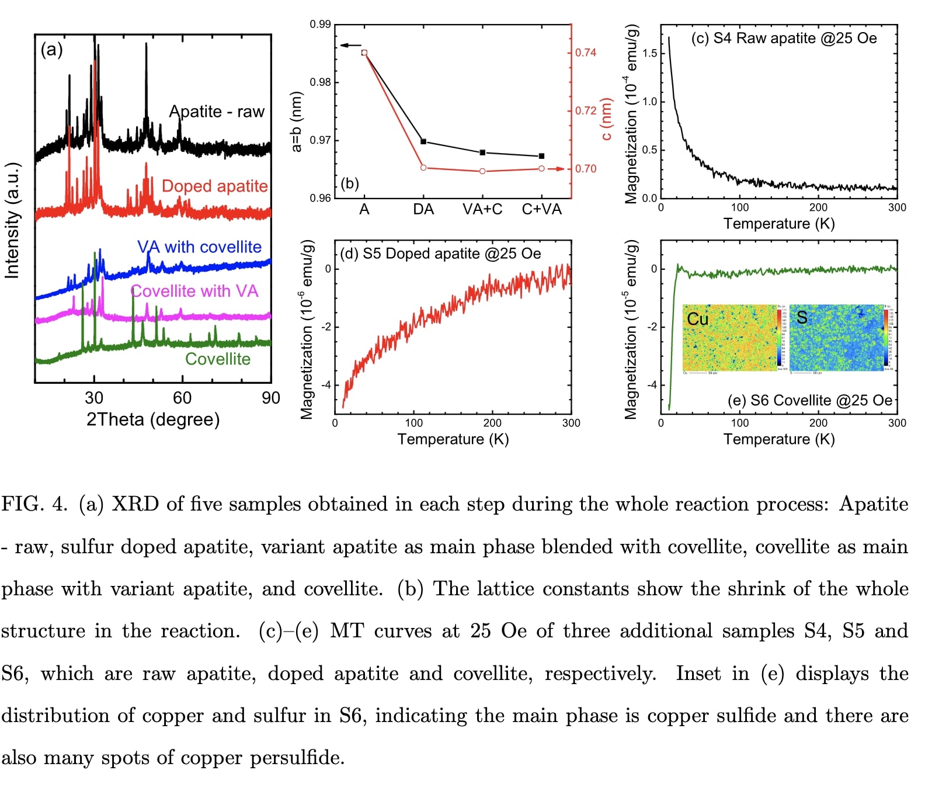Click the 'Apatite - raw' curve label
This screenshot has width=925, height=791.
point(217,112)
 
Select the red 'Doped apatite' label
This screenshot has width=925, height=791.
point(214,186)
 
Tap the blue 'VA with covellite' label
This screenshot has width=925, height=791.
point(199,247)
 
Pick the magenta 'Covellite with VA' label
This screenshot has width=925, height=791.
point(194,291)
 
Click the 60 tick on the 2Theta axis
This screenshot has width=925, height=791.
point(182,398)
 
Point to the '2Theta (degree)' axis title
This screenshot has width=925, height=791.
point(153,419)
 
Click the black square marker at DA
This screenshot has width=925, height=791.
point(423,141)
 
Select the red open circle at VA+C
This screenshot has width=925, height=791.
point(482,171)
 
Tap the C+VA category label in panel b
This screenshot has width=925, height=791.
point(541,209)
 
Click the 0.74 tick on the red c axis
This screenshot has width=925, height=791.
point(585,53)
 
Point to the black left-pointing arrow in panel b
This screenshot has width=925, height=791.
point(350,46)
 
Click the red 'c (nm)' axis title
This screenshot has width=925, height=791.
point(607,120)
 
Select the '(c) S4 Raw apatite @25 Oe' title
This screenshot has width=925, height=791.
point(784,39)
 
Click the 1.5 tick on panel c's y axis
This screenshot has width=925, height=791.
point(649,53)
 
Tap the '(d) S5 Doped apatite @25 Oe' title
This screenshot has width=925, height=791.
point(440,254)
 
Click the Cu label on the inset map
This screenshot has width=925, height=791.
point(697,319)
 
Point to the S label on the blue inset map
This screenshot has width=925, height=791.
point(802,317)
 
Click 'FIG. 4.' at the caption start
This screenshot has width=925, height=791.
point(34,504)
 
